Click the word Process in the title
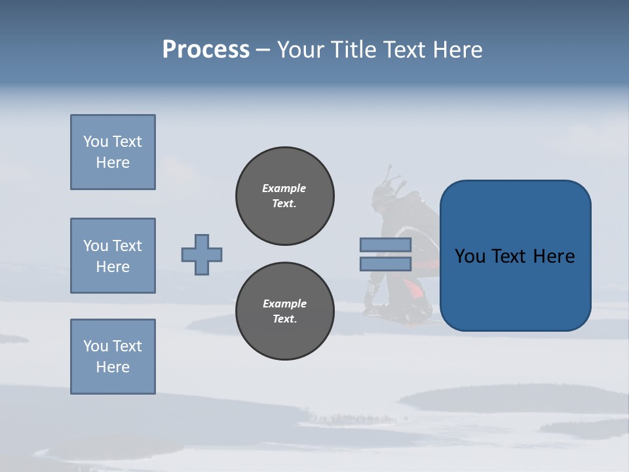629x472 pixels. [x=206, y=50]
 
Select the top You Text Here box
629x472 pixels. [x=113, y=152]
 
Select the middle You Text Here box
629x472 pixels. [x=113, y=256]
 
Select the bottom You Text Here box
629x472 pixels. [x=113, y=357]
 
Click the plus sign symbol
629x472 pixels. [x=202, y=254]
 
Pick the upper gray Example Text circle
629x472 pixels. [x=285, y=196]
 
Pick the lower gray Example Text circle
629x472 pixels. [x=285, y=311]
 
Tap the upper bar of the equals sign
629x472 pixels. [x=385, y=245]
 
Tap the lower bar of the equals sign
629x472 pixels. [x=385, y=264]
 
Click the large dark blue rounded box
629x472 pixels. [x=515, y=288]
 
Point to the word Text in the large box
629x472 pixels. [x=514, y=256]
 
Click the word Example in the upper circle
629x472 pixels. [x=284, y=188]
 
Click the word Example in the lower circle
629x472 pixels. [x=284, y=304]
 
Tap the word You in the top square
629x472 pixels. [x=95, y=142]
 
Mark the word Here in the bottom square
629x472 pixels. [x=113, y=367]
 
